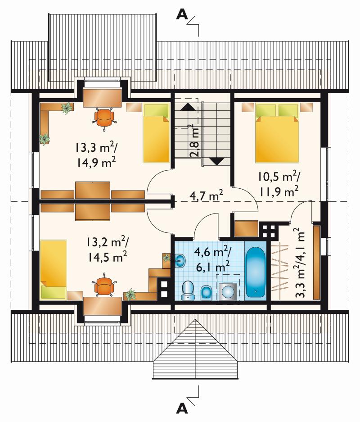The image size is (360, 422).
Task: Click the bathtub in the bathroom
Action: [x=256, y=272]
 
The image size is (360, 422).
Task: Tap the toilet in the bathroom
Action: [x=188, y=290]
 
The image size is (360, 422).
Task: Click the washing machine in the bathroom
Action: [x=228, y=291]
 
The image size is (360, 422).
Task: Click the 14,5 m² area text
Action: [x=107, y=257]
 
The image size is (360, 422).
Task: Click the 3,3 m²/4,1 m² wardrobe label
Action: [x=300, y=263]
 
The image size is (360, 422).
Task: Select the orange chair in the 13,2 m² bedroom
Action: [x=104, y=286]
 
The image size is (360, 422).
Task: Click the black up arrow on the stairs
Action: [x=187, y=107]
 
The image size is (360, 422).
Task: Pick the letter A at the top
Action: [x=182, y=15]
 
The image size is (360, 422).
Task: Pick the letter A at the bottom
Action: [x=182, y=409]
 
